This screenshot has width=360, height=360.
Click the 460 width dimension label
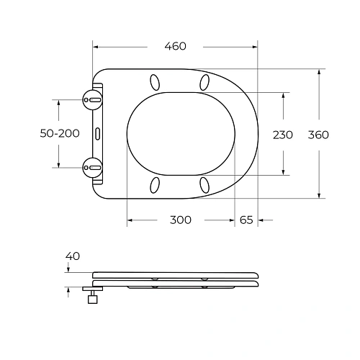(175, 46)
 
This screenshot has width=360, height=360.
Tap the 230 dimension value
(283, 135)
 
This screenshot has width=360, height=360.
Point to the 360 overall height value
(318, 135)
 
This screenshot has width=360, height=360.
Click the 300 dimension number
(180, 220)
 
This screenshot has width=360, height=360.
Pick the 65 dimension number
(246, 220)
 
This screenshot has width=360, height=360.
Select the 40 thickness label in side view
(73, 256)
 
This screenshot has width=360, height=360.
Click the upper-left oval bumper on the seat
(154, 81)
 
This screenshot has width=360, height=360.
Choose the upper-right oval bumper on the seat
(205, 81)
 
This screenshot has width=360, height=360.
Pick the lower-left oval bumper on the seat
(154, 186)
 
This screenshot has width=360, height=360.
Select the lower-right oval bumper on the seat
(205, 186)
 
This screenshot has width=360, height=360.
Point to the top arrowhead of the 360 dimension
(318, 71)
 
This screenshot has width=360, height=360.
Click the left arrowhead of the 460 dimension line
(96, 47)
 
